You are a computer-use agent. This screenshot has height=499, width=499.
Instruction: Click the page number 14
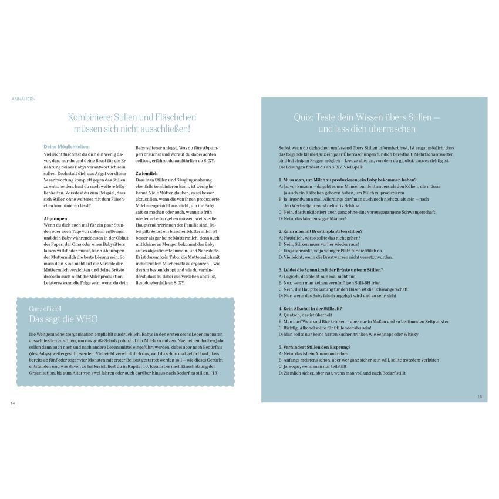click(x=12, y=403)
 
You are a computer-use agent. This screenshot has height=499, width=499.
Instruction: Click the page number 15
click(x=480, y=397)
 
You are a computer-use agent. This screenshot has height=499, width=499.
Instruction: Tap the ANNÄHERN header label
click(x=23, y=99)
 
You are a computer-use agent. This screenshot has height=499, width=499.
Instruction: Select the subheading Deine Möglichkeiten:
click(x=66, y=146)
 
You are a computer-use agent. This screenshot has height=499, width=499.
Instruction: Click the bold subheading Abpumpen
click(x=55, y=218)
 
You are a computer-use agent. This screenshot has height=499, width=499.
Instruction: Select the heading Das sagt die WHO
click(x=64, y=318)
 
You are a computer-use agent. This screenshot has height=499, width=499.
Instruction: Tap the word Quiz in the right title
click(x=304, y=117)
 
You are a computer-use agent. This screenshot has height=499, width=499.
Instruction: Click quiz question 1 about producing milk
click(x=348, y=180)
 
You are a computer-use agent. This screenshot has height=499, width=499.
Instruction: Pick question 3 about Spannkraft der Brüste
click(x=331, y=269)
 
